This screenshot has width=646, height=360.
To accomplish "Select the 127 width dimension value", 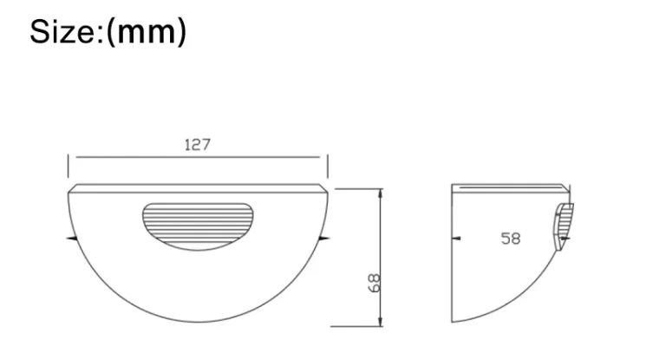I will [x=197, y=145].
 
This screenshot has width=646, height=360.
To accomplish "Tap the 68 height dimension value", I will [x=374, y=283].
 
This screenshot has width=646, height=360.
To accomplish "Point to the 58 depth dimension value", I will [x=511, y=238].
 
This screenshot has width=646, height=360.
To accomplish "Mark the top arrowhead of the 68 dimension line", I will [x=379, y=193].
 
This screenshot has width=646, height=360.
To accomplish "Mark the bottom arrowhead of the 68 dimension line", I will [x=379, y=322].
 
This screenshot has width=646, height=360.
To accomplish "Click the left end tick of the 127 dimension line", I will [x=69, y=159].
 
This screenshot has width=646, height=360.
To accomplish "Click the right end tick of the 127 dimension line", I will [x=326, y=159].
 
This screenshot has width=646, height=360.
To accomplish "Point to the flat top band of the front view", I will [x=197, y=188].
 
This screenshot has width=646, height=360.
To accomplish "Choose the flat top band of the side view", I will [x=510, y=187].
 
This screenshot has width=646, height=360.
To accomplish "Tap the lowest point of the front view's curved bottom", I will [x=197, y=326].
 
